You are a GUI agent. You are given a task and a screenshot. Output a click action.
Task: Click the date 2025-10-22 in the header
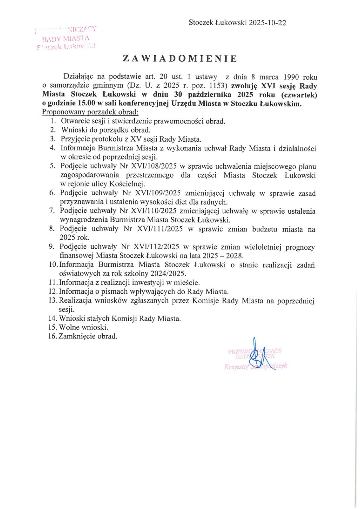(x=268, y=23)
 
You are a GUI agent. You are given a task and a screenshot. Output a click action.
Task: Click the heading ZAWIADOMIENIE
(x=180, y=58)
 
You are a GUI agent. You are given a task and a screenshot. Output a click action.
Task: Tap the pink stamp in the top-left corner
(x=66, y=38)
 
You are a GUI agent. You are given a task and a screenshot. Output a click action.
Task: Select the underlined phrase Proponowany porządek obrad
(x=90, y=112)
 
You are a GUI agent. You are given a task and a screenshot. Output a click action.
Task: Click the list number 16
(x=53, y=336)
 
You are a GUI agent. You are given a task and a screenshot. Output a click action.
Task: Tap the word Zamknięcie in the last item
(x=76, y=336)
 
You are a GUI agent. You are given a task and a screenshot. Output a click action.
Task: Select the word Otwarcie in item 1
(x=74, y=121)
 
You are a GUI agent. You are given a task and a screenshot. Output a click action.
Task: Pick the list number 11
(x=53, y=283)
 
